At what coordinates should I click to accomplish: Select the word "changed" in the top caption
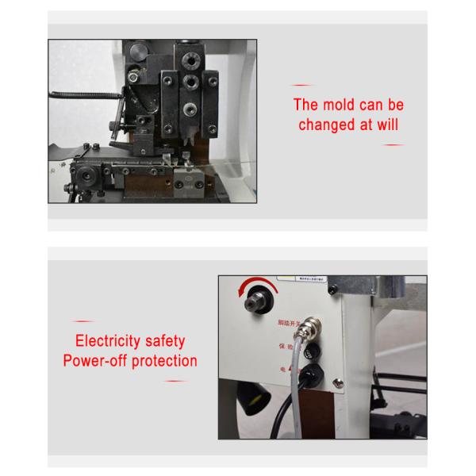tap(328, 125)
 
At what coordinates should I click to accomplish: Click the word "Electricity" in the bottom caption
tap(108, 341)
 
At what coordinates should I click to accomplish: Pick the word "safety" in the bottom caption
tap(164, 341)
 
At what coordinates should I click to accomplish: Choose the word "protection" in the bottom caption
tap(165, 361)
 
